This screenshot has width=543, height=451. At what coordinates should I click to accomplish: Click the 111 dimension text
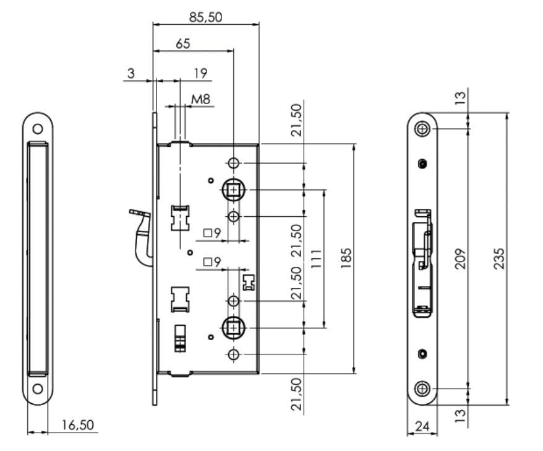point(316,256)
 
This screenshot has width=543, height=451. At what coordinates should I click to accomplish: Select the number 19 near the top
point(199,73)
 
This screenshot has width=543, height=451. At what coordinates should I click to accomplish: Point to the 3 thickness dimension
point(130,73)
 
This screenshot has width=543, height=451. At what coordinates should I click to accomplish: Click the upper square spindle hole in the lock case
point(233,190)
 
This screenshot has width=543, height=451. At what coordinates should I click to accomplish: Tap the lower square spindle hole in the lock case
point(233,326)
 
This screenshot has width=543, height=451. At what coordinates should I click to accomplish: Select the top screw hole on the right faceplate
point(422,128)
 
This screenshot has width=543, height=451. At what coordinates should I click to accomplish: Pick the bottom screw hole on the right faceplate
point(422,388)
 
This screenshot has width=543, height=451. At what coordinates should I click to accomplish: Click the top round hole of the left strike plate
point(38,129)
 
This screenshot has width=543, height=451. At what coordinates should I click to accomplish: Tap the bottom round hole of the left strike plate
point(38,389)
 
